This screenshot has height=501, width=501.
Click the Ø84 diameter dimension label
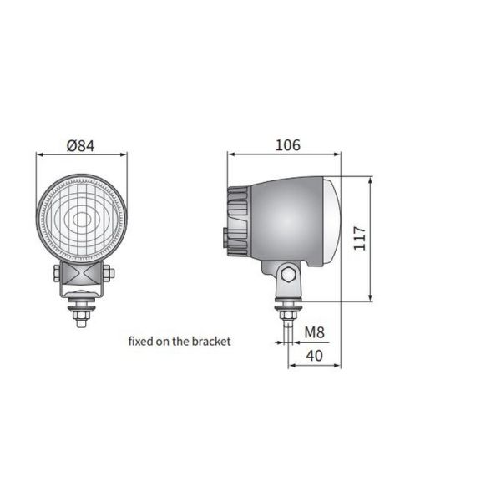point(81,144)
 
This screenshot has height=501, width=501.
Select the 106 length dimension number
point(286,144)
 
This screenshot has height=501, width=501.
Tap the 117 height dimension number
point(360,240)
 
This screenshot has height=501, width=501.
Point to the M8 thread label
point(314,332)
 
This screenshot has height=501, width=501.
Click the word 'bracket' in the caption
point(210,341)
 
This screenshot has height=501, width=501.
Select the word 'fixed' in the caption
point(141,341)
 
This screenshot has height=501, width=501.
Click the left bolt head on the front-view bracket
point(56,273)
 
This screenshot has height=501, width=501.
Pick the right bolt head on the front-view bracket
point(107,273)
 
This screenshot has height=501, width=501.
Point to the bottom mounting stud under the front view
point(81,315)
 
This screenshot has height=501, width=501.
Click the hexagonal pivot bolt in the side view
point(286,273)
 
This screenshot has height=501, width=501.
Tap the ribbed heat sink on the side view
point(237,220)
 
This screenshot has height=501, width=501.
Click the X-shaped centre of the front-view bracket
point(81,275)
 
